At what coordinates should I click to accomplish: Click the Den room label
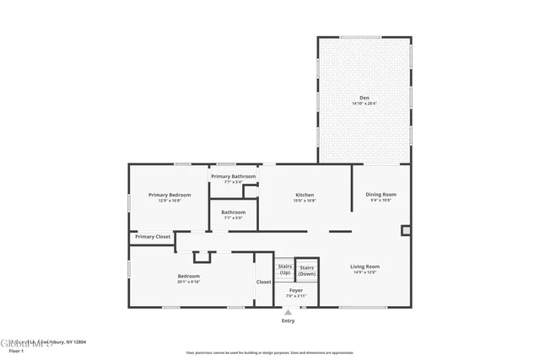(365, 98)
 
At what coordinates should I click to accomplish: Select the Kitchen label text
(305, 194)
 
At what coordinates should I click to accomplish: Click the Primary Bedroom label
(170, 195)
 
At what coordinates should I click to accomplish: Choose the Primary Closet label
(153, 237)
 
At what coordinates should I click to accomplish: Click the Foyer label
(295, 291)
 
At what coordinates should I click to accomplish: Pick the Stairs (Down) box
(306, 270)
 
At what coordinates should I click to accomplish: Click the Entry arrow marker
(289, 313)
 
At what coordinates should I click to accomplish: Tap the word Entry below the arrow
(289, 321)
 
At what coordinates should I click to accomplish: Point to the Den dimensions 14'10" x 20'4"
(365, 103)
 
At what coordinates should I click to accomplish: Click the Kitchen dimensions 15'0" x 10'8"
(305, 200)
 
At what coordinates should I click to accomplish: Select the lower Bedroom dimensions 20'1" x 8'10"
(189, 282)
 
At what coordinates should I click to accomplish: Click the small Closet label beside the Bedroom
(263, 282)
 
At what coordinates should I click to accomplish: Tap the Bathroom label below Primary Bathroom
(234, 212)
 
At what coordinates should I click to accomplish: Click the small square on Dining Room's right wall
(406, 228)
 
